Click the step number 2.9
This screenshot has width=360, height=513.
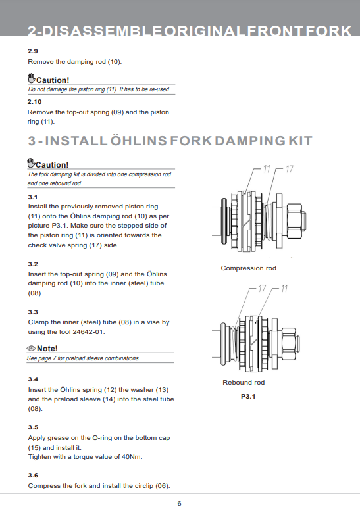pos(32,51)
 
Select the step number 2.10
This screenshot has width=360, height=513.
pos(34,102)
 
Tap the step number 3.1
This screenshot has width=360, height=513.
pos(32,197)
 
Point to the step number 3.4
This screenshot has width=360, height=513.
pos(32,380)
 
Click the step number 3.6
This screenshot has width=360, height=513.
pos(32,475)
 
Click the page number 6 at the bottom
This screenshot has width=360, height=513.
pos(179,503)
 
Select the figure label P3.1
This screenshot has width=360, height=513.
pos(247,397)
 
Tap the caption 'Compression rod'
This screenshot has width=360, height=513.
pos(248,268)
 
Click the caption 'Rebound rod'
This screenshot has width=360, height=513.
pos(244,383)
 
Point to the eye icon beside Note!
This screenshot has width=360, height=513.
pos(31,348)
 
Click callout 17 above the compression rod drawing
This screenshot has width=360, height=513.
pos(290,170)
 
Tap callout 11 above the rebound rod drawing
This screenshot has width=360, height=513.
pos(284,289)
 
